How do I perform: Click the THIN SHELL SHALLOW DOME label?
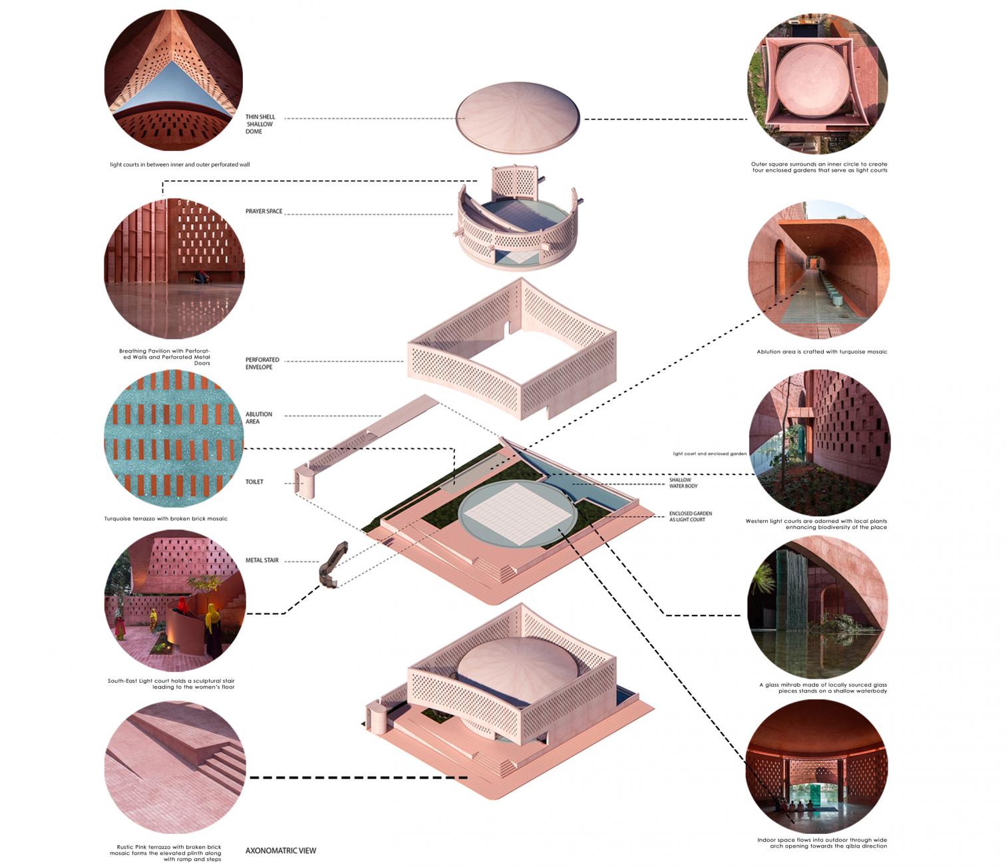(260, 124)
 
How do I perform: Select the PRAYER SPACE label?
(263, 212)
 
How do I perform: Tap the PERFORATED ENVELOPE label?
(262, 363)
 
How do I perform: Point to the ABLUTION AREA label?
(258, 418)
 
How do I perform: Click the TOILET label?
(254, 482)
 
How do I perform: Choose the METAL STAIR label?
(262, 560)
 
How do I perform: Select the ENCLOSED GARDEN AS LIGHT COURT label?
(690, 516)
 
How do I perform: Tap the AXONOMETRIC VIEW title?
(281, 851)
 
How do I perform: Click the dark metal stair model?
(332, 565)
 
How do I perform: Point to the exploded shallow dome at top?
(518, 117)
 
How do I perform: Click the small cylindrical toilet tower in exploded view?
(305, 481)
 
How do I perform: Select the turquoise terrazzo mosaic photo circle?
(174, 438)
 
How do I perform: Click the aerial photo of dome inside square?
(817, 83)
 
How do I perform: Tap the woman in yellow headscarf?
(212, 631)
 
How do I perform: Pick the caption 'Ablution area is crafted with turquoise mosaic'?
(822, 351)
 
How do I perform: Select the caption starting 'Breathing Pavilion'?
(164, 357)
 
